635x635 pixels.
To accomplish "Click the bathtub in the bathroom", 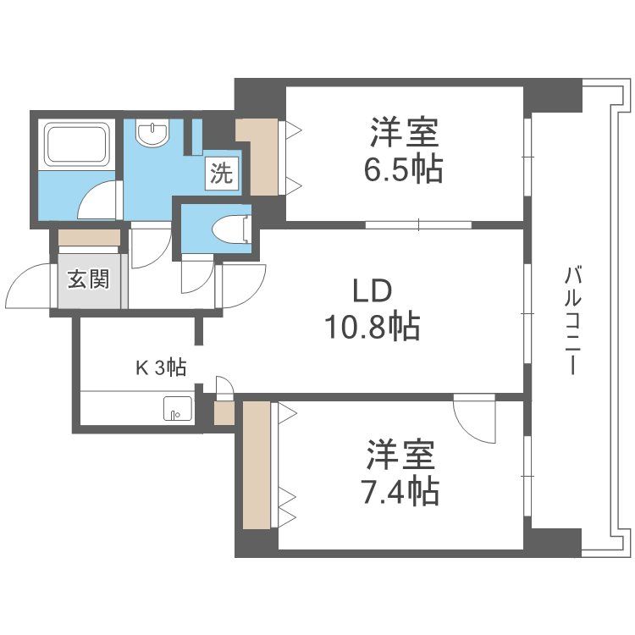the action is (x=77, y=145).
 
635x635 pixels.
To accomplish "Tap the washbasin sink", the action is (x=152, y=133).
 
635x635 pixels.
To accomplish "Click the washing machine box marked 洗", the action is (x=222, y=174).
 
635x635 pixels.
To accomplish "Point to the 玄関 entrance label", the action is (x=88, y=279).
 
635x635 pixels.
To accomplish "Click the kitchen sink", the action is (x=178, y=409).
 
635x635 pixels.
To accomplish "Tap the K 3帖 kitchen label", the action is (x=161, y=367).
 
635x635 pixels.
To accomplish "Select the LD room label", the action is (x=373, y=291).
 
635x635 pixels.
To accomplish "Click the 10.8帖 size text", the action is (x=373, y=327).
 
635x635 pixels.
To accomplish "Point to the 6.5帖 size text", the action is (x=403, y=169).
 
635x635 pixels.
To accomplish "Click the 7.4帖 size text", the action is (x=400, y=492).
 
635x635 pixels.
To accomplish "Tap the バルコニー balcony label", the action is (x=572, y=319).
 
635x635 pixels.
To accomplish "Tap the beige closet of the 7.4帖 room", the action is (x=257, y=465).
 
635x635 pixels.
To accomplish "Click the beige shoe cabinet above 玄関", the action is (x=89, y=238).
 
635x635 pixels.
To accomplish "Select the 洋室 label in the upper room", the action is (x=404, y=132).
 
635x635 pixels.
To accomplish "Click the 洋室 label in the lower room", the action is (x=400, y=455).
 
